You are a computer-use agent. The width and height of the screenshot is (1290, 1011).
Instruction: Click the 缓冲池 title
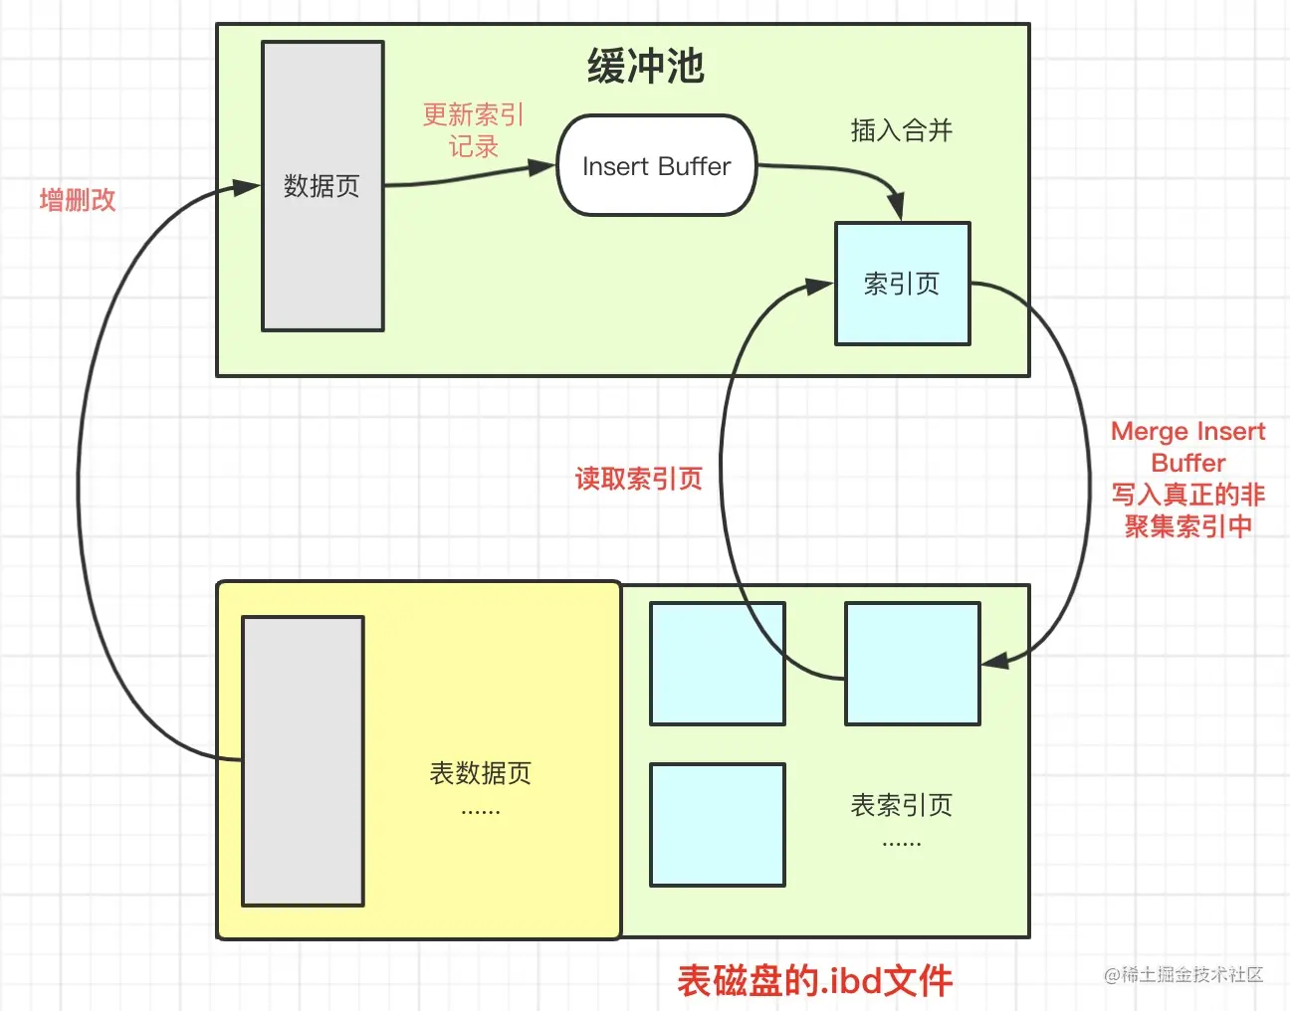coord(646,67)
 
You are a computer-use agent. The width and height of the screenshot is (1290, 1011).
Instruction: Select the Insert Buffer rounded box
coord(657,166)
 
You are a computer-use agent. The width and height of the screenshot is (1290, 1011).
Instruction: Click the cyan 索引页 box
coord(902,285)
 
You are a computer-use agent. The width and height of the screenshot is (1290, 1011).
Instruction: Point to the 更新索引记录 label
coord(473,130)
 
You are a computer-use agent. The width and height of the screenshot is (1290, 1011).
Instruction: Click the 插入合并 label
coord(901,130)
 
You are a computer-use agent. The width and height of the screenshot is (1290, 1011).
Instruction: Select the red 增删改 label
coord(78,200)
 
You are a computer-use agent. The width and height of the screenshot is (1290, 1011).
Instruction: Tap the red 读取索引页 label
coord(639,479)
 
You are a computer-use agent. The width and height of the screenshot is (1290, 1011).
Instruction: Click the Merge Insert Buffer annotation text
coord(1188,479)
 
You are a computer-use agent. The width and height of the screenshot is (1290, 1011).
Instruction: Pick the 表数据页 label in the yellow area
coord(480,773)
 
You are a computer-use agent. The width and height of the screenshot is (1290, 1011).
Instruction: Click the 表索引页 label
coord(901,805)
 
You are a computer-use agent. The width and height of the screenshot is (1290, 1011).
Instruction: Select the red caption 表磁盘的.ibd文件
coord(815,981)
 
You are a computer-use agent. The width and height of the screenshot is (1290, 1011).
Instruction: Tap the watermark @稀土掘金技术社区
coord(1183,975)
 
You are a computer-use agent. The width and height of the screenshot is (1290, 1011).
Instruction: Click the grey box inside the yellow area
coord(303,761)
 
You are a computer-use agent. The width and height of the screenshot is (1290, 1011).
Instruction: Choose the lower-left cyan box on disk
coord(718,825)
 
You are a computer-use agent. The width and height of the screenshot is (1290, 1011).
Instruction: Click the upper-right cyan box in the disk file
coord(913,664)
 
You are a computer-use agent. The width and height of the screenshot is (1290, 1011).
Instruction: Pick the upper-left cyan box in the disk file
coord(718,664)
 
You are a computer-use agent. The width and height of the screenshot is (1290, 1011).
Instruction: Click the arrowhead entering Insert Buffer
coord(543,167)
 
